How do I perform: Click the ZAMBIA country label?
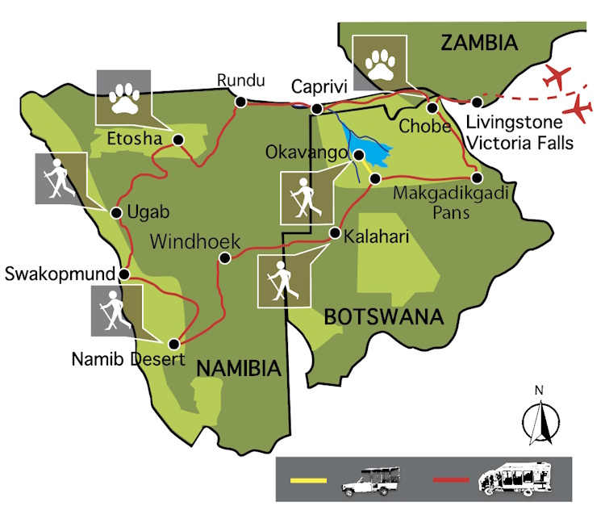[x=478, y=43]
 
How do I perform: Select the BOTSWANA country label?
[x=384, y=316]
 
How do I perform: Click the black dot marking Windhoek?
[x=225, y=259]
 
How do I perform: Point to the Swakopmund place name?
[x=59, y=274]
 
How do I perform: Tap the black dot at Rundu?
[x=240, y=102]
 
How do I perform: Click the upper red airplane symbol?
[x=561, y=77]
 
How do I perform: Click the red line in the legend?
[x=451, y=481]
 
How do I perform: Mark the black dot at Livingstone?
[x=478, y=102]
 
